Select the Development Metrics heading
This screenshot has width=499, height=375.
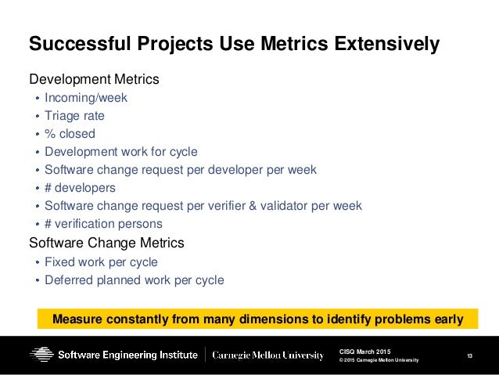point(94,79)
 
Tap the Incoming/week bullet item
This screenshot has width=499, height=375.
point(85,98)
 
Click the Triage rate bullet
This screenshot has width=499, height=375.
point(74,116)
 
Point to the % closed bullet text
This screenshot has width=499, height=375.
point(70,134)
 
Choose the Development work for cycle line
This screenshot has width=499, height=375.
point(120,152)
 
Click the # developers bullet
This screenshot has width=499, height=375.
point(80,188)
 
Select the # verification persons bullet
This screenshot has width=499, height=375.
point(103,224)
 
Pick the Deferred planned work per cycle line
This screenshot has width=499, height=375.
point(134,279)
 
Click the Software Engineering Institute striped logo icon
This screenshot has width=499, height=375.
point(41,355)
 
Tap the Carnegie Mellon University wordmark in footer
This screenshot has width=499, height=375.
point(269,355)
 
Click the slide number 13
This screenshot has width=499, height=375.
point(469,356)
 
